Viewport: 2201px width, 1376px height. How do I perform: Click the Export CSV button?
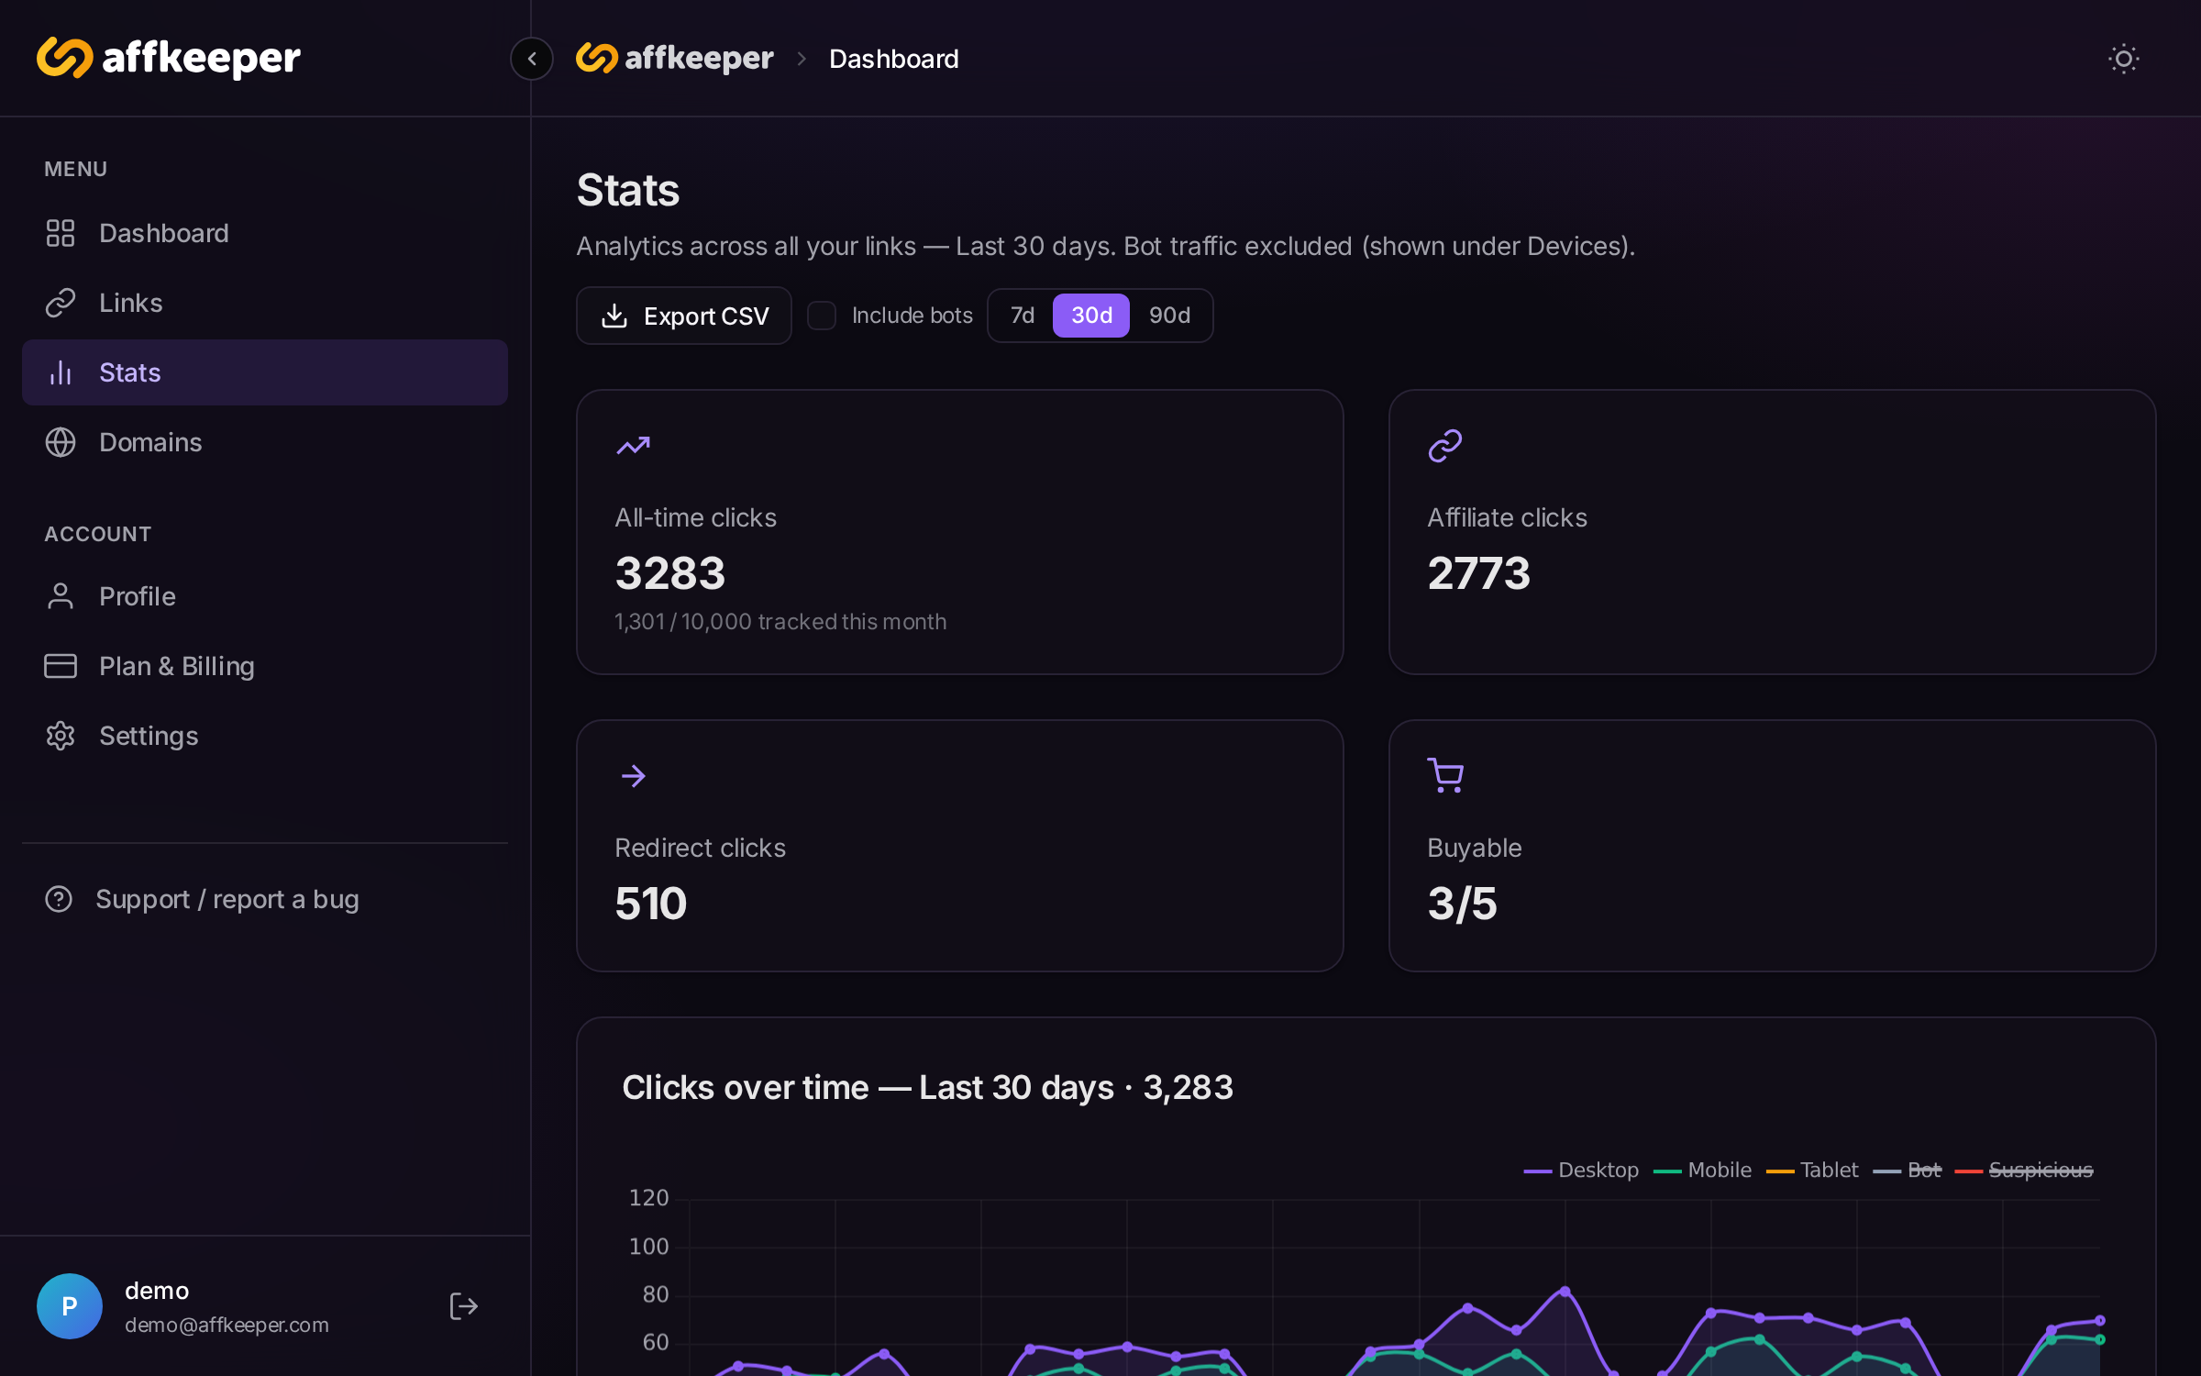pos(683,316)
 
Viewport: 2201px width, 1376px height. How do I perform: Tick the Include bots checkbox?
pos(822,316)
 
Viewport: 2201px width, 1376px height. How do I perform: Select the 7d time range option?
pos(1022,316)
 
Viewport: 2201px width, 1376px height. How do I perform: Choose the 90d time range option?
pos(1169,316)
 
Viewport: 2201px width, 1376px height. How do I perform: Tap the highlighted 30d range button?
pos(1091,316)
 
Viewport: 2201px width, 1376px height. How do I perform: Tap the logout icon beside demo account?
pos(464,1306)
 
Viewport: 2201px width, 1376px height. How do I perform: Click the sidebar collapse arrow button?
pos(532,59)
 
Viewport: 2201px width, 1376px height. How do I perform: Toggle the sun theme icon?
pos(2124,59)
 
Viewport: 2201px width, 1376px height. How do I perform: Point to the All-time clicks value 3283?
pos(670,573)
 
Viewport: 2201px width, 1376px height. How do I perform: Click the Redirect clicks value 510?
pos(651,904)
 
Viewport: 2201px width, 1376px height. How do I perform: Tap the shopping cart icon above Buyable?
pos(1445,776)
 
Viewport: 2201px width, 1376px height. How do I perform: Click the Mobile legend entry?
pos(1702,1171)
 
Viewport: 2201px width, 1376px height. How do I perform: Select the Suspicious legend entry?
pos(2024,1171)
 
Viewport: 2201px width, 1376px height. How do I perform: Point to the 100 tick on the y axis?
pos(649,1247)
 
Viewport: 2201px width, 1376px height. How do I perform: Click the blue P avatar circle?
pos(70,1306)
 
